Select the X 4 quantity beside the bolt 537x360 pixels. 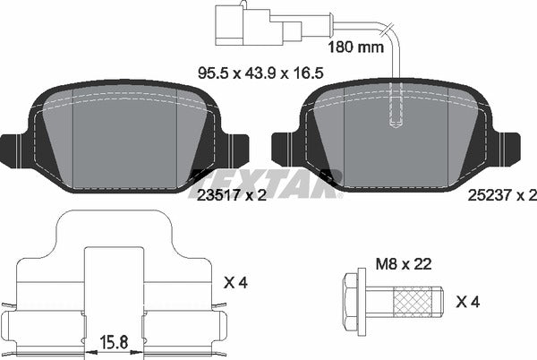coord(468,303)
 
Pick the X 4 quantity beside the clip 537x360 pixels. coord(234,283)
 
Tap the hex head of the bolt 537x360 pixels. coord(354,302)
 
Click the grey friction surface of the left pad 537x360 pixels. coord(125,143)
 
